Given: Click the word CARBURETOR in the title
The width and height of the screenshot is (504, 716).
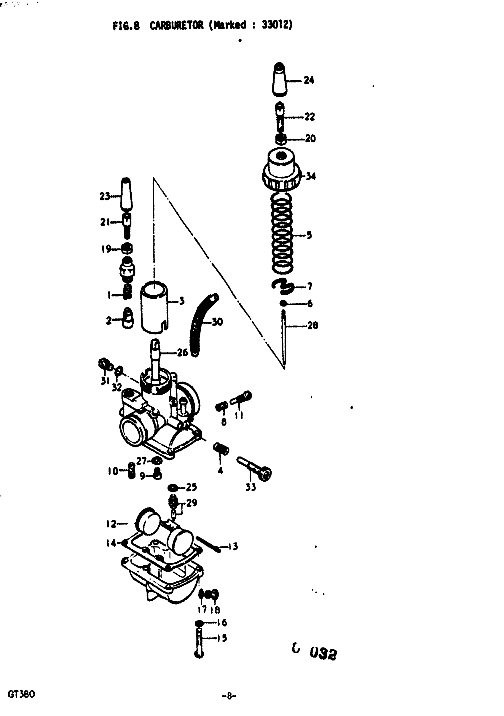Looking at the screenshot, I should click(176, 25).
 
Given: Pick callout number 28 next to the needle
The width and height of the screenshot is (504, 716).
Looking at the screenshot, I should click(312, 326).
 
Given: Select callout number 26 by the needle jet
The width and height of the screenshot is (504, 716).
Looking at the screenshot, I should click(182, 353).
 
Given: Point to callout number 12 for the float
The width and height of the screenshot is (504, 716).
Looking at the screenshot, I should click(111, 524).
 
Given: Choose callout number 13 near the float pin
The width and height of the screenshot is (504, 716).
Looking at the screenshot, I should click(233, 546).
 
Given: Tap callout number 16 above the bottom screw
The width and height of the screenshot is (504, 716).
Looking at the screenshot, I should click(222, 623).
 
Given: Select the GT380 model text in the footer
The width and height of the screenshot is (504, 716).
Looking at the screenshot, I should click(21, 694).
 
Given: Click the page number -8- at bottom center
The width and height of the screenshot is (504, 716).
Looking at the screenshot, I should click(229, 696).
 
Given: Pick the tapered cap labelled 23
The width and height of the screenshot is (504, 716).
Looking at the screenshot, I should click(126, 195).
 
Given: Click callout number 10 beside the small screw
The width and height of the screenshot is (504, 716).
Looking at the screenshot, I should click(113, 471).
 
